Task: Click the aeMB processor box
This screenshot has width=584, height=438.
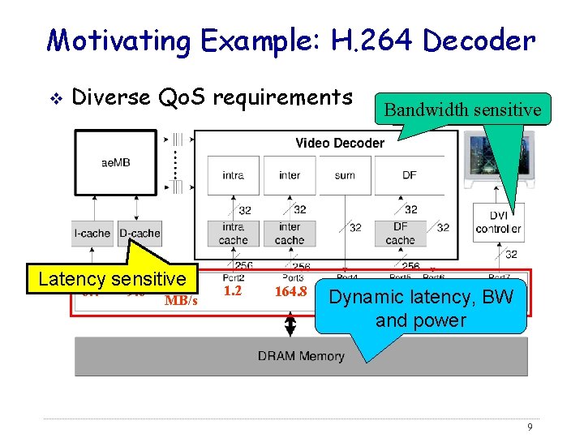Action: [115, 162]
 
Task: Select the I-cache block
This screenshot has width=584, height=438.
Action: [92, 233]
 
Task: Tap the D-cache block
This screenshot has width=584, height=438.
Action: [140, 233]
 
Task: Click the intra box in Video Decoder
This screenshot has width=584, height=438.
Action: [233, 175]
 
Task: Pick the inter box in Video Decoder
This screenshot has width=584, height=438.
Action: [290, 175]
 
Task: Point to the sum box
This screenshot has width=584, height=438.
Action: [345, 175]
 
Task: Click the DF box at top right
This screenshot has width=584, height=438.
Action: [410, 175]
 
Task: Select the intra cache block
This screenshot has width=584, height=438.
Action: [233, 234]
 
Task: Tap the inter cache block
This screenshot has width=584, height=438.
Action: [290, 234]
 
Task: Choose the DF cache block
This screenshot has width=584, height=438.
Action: [400, 234]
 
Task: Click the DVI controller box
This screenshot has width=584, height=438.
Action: [498, 222]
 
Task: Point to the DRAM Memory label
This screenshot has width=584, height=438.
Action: [301, 355]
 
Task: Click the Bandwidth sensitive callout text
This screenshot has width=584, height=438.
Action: [462, 109]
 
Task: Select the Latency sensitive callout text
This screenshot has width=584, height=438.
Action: [112, 279]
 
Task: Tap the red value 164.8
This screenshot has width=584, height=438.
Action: [290, 291]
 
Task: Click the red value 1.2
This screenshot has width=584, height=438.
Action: [232, 290]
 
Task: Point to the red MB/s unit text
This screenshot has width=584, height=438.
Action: [180, 301]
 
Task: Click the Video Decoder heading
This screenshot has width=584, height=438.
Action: [340, 143]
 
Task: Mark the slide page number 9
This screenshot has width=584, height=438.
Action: [529, 427]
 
